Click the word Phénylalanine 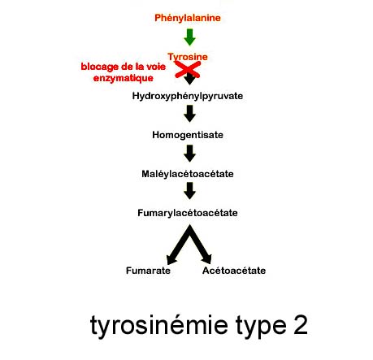(188, 18)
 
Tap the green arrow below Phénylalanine (189, 37)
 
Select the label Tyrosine (188, 57)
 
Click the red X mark (188, 70)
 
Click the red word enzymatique (124, 78)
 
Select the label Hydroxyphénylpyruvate (188, 96)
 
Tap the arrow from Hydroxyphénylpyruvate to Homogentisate (189, 114)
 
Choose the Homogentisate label (188, 135)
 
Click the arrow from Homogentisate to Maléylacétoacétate (189, 154)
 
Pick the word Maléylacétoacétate (188, 174)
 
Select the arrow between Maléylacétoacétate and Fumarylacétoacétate (189, 191)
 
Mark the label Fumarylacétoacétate (188, 213)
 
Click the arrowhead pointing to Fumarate (171, 260)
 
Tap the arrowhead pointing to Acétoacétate (207, 259)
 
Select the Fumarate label (148, 271)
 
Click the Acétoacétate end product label (234, 271)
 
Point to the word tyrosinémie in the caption (159, 325)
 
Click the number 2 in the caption (301, 324)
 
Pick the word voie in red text (156, 67)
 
